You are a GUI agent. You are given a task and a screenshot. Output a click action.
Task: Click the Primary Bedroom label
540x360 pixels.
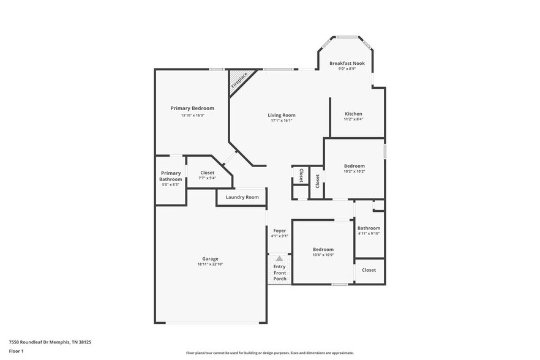click(192, 108)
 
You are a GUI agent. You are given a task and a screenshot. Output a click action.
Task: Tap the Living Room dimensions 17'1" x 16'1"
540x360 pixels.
click(282, 121)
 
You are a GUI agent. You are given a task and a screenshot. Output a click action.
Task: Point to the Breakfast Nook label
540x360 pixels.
click(347, 63)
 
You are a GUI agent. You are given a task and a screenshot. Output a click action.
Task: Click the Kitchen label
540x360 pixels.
click(353, 114)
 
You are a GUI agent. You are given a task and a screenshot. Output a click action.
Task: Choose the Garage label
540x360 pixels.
click(210, 258)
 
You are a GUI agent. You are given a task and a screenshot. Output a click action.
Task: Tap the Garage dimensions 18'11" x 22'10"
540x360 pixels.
click(210, 264)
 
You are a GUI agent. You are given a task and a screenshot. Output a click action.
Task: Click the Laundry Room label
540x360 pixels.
click(242, 197)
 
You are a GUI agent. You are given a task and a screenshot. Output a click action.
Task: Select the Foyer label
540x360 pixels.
click(279, 231)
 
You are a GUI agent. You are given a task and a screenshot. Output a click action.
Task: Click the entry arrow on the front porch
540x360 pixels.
click(279, 259)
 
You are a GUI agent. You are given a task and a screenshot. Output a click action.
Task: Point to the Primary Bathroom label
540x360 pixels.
click(171, 176)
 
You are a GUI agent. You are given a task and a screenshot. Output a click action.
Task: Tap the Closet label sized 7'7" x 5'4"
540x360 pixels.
click(208, 173)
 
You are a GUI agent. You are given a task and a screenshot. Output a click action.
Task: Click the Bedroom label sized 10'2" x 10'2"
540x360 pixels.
click(354, 166)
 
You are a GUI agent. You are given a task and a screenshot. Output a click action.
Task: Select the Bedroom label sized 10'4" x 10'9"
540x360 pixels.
click(323, 249)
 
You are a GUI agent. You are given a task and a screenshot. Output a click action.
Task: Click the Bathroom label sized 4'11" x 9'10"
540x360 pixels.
click(369, 228)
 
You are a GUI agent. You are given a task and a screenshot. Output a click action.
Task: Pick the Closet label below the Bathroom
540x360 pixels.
click(369, 269)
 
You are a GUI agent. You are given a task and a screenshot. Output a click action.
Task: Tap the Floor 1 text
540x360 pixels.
click(17, 351)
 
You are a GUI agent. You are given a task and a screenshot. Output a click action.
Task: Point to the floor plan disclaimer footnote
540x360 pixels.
click(269, 353)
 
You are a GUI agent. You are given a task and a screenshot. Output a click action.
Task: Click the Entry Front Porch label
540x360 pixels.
click(279, 272)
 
